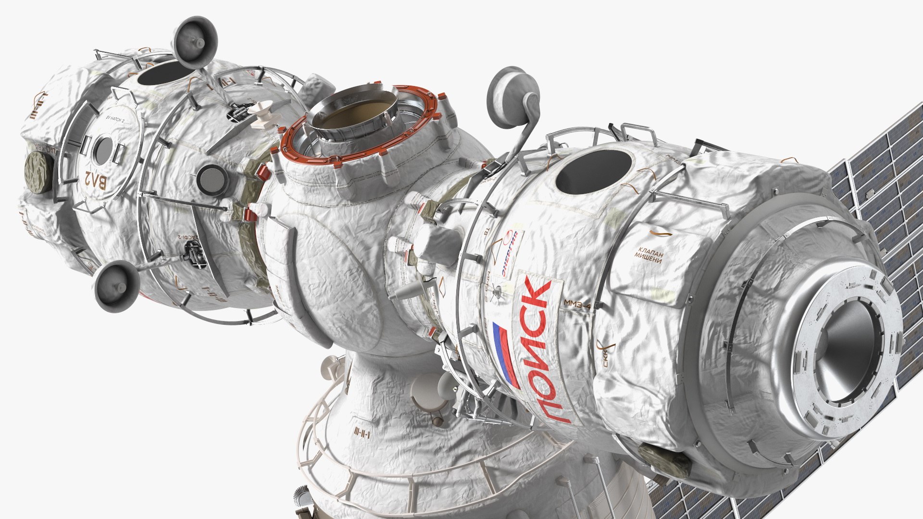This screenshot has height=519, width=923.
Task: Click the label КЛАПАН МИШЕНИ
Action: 649,255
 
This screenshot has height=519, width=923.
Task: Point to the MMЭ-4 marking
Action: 577,304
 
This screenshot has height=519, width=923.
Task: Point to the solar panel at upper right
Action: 880,183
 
